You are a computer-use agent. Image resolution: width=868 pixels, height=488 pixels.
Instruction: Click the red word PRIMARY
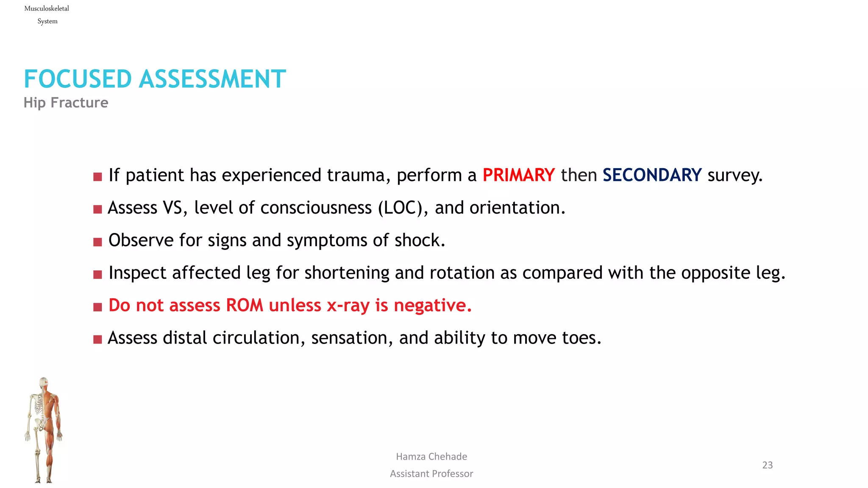click(x=518, y=175)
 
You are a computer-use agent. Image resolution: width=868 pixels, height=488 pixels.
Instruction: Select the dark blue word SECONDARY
click(x=652, y=175)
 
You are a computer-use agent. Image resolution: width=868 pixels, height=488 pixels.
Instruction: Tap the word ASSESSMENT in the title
click(x=212, y=79)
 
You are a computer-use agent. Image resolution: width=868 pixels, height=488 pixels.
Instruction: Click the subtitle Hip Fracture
click(x=66, y=103)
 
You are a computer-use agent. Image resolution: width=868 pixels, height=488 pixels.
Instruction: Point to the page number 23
click(x=767, y=465)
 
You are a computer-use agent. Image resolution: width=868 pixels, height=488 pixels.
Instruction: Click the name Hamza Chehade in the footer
click(x=431, y=457)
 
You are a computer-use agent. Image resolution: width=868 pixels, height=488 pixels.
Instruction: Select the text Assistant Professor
click(x=431, y=474)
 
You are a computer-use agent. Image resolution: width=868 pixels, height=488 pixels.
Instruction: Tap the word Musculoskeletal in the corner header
click(x=47, y=8)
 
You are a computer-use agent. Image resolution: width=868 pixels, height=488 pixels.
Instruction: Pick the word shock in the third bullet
click(x=419, y=240)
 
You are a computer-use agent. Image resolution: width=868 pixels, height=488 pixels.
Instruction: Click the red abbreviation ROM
click(x=245, y=305)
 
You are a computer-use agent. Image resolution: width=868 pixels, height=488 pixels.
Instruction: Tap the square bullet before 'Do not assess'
click(x=97, y=307)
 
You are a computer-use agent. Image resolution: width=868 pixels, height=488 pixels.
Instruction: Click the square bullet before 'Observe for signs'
click(x=97, y=242)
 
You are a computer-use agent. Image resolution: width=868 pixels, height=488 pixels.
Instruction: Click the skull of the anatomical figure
click(x=43, y=383)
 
